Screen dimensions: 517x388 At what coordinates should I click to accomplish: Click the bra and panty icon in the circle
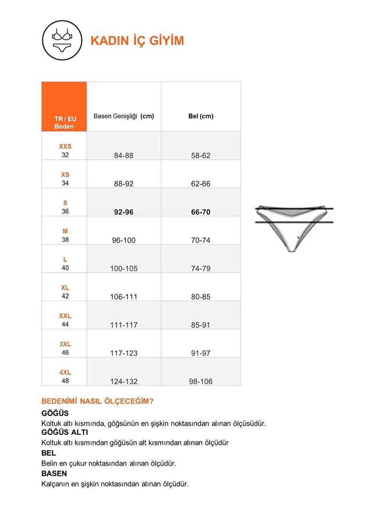tap(62, 40)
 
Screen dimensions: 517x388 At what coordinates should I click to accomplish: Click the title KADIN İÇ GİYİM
tap(137, 41)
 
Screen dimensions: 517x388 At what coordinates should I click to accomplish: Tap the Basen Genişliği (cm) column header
tap(124, 116)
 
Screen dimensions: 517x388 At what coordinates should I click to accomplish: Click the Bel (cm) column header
tap(201, 116)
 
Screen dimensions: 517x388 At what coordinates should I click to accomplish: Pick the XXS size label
tap(65, 146)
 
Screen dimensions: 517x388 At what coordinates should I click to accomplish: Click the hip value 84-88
tap(124, 155)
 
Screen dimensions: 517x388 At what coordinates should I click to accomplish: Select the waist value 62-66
tap(200, 184)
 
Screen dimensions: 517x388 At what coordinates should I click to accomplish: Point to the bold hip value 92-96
tap(124, 212)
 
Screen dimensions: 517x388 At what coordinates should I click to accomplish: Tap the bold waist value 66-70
tap(200, 212)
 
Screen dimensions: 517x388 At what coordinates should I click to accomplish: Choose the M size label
tap(65, 231)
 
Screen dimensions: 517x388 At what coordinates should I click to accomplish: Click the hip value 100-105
tap(124, 268)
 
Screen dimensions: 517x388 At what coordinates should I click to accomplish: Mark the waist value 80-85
tap(200, 297)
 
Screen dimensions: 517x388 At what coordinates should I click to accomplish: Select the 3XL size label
tap(65, 344)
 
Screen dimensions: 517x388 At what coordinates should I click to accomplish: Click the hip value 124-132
tap(124, 381)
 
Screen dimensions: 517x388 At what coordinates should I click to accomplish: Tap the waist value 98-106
tap(200, 381)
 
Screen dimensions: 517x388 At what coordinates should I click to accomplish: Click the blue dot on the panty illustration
tap(298, 238)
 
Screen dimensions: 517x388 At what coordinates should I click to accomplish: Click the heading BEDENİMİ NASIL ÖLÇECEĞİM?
tap(97, 401)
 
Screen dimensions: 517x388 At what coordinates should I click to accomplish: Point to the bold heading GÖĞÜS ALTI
tap(65, 432)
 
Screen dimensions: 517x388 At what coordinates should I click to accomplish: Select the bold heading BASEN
tap(54, 473)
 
